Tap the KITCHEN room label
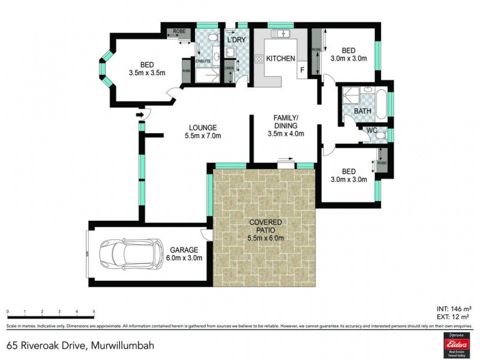pos(280,59)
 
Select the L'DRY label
pos(236,40)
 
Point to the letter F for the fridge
pos(303,70)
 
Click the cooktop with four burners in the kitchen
pos(260,59)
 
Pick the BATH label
pos(362,112)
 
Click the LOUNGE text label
pos(202,127)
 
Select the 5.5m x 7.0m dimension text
pos(202,136)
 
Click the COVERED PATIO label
pos(265,227)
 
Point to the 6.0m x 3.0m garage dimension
pos(185,258)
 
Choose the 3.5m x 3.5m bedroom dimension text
pos(147,73)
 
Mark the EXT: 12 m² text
pos(454,317)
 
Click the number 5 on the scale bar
pos(94,312)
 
